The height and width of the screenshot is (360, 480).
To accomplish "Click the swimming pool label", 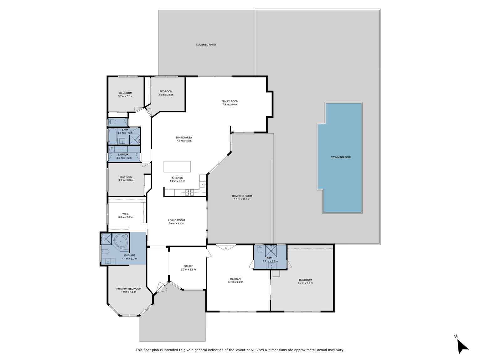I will coord(341,157).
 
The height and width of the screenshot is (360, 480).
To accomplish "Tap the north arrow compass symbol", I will coord(462,346).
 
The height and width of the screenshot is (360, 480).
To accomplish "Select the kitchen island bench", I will coord(177,167).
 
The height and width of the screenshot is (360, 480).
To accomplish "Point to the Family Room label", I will coord(230,101).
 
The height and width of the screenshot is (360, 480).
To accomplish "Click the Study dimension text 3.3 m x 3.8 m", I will coord(188,270).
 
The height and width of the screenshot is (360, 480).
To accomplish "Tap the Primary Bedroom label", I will coord(129,289).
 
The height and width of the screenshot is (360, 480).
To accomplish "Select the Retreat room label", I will coord(235,279).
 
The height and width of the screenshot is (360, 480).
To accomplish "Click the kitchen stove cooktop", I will coord(190,192).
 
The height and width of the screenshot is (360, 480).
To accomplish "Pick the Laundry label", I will coord(124,155).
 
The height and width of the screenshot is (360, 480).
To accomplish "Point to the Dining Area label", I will coord(184,137).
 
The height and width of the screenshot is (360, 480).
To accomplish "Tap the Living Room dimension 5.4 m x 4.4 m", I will coord(176,224).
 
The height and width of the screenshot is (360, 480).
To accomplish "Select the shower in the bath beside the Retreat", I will coord(270,251).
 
